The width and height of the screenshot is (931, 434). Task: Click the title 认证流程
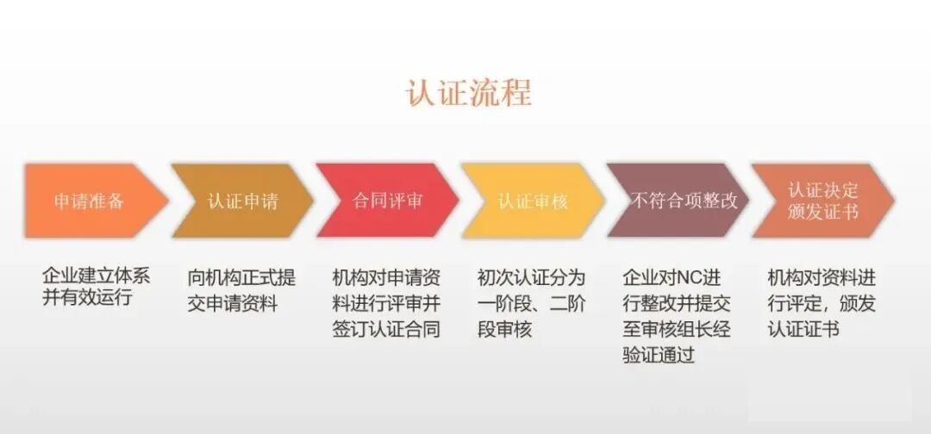coord(469,91)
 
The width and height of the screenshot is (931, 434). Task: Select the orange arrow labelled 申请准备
coord(90,201)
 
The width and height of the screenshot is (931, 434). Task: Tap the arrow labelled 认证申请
coord(242,201)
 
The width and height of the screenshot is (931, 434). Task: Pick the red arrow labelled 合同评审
coord(387,201)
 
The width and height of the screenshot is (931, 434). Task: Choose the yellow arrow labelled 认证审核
coord(533,201)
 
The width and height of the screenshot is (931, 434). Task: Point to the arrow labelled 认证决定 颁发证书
coord(823,201)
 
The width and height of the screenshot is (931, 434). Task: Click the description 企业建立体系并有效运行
coord(96,288)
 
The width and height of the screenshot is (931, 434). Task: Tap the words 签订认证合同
coord(386,330)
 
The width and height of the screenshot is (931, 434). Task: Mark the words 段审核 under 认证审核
coord(504,330)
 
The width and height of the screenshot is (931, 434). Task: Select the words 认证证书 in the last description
coord(803,330)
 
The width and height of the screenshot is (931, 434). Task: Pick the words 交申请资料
coord(233,304)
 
